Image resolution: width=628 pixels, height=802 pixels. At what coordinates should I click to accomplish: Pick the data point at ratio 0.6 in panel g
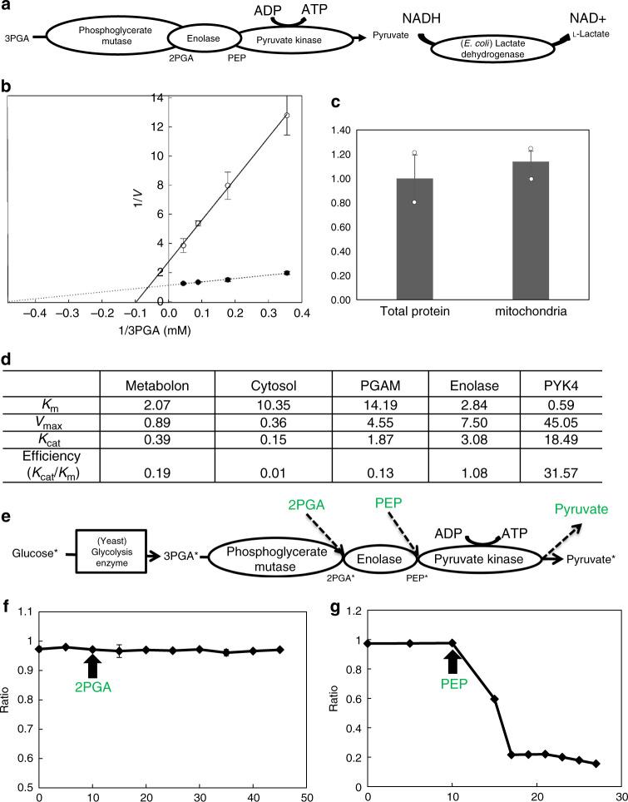(x=495, y=698)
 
